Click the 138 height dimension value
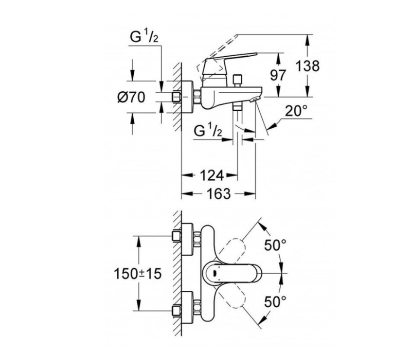[308, 66]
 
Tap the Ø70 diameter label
[131, 97]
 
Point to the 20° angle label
[296, 111]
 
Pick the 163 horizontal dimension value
[219, 194]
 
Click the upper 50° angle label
[276, 245]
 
